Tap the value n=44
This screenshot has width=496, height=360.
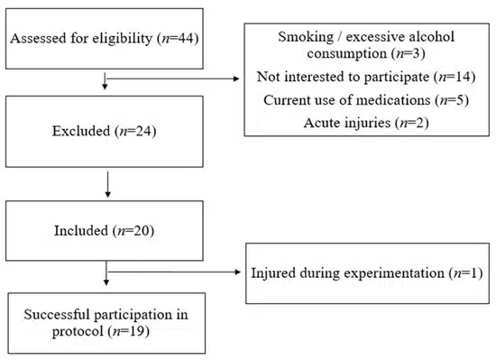click(x=178, y=38)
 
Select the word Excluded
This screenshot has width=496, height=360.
click(x=81, y=131)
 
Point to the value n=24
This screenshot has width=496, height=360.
click(x=135, y=131)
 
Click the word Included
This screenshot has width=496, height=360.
click(x=81, y=230)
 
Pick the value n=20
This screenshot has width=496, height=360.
click(x=133, y=230)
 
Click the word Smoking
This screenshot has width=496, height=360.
click(x=306, y=37)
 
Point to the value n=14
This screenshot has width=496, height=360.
click(x=455, y=77)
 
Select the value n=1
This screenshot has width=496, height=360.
click(x=466, y=272)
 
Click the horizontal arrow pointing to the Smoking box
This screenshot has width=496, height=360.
click(x=173, y=78)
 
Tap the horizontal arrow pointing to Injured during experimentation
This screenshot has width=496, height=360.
click(x=174, y=272)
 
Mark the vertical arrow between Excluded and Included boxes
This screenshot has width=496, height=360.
click(x=108, y=184)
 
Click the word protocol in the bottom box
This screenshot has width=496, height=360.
click(x=78, y=331)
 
